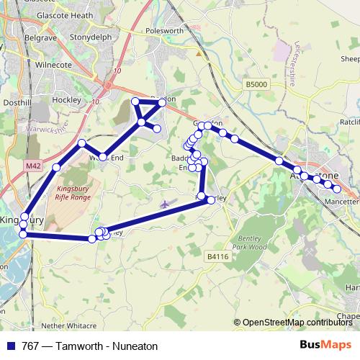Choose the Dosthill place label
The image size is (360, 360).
(16, 103)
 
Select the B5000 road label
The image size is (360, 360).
(256, 84)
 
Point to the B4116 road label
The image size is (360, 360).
(215, 256)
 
